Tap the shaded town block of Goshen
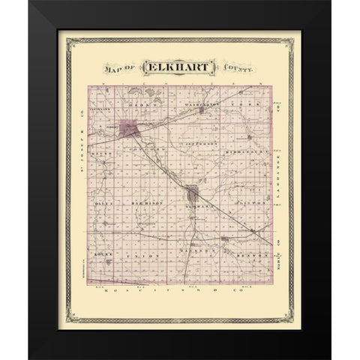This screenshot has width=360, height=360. (193, 193)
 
